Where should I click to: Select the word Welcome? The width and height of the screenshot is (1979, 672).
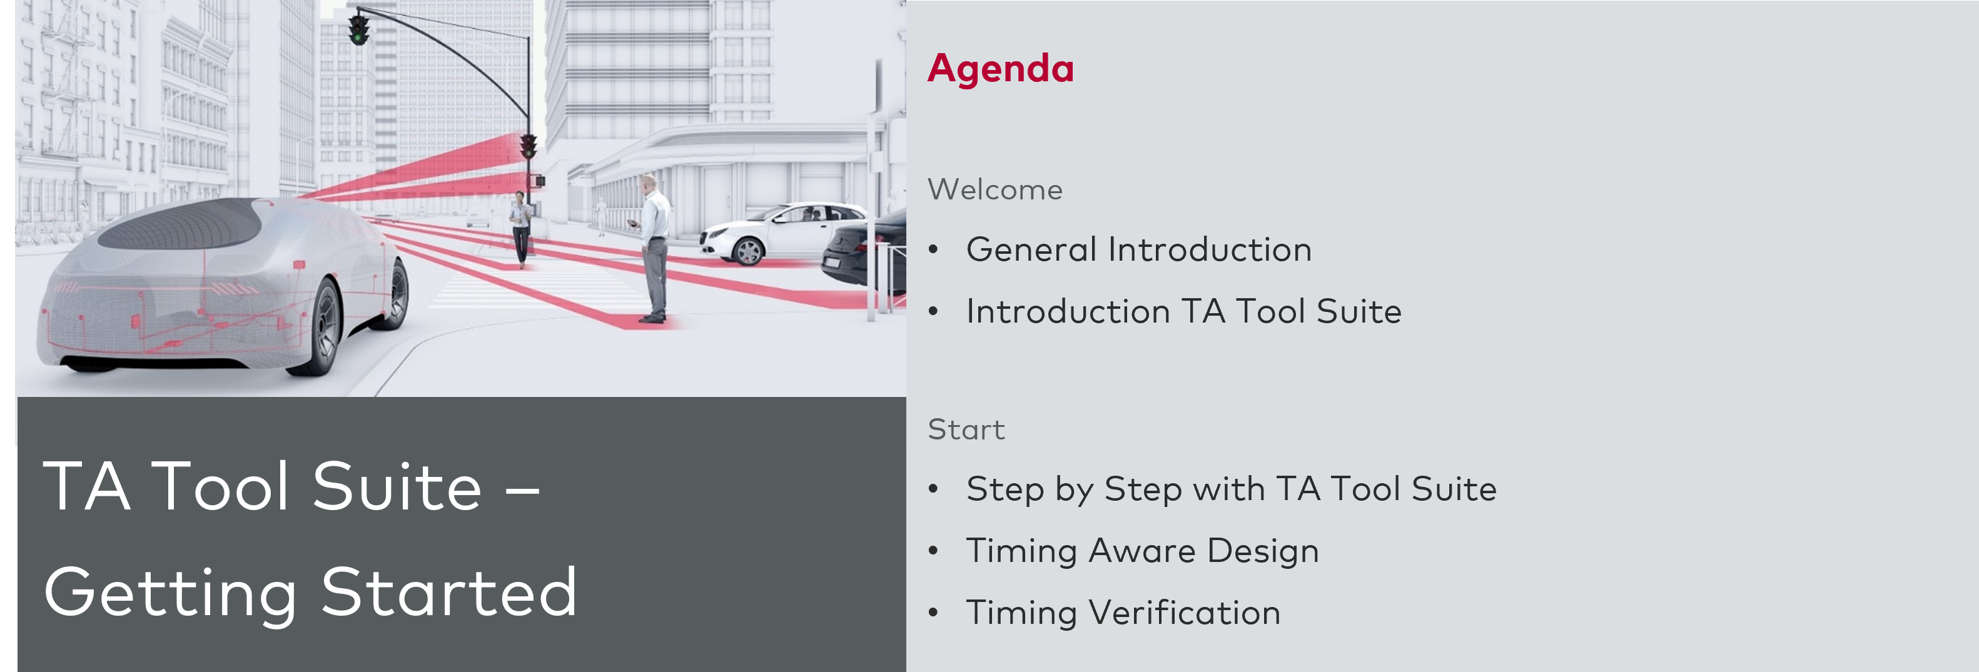pos(995,189)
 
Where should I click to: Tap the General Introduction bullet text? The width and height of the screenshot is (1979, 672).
pos(1138,249)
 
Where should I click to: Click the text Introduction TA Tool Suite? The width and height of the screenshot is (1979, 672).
pos(1183,312)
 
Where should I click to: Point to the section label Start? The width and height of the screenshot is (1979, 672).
pos(966,429)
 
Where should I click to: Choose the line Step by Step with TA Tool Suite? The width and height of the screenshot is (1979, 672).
pos(1231,489)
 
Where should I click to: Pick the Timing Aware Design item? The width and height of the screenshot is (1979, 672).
pos(1142,551)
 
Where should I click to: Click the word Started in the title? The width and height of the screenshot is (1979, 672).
pos(448,592)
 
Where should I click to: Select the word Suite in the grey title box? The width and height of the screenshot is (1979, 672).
pos(397,487)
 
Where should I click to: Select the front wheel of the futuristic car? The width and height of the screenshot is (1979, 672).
pos(323,326)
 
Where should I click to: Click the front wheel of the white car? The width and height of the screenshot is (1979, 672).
pos(747,251)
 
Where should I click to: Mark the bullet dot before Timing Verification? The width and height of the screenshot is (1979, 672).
pos(933,613)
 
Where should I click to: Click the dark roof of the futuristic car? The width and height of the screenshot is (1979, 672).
pos(185,223)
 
